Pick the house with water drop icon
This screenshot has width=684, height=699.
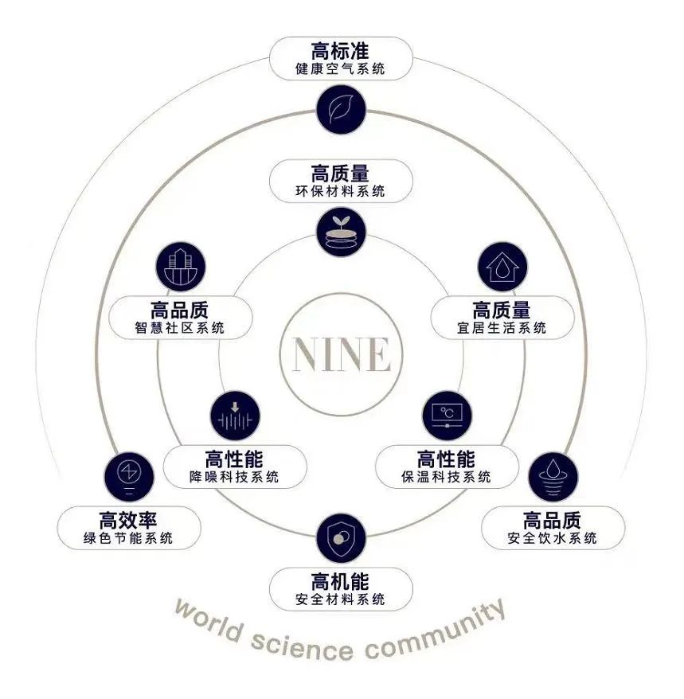click(502, 267)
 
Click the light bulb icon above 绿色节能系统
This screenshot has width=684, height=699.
click(128, 474)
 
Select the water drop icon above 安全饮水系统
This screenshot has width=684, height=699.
click(553, 476)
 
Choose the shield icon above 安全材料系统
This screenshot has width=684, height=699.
click(341, 538)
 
